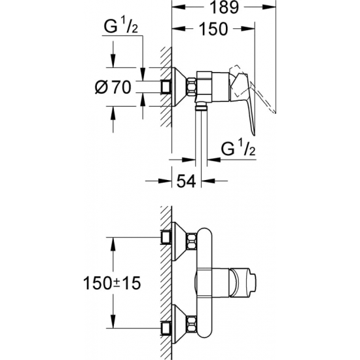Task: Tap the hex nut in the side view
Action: (193, 86)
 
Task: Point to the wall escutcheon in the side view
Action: (168, 86)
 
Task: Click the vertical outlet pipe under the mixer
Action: (199, 131)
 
